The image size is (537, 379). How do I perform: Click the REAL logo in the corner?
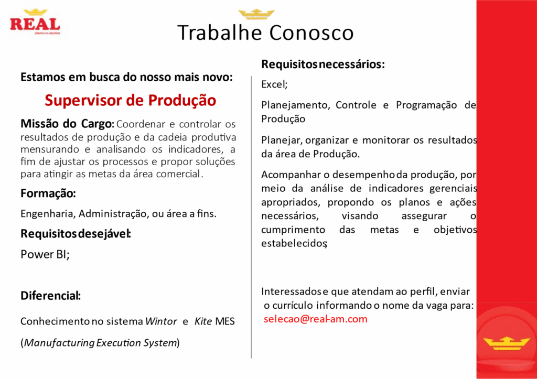tap(35, 21)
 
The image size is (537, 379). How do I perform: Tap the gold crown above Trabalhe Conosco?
tap(256, 14)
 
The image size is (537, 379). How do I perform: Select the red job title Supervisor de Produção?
tap(130, 100)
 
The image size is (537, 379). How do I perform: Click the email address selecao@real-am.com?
tap(315, 319)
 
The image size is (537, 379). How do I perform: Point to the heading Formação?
tap(48, 193)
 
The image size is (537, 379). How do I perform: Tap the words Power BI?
tap(45, 254)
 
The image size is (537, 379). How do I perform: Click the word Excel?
tap(274, 84)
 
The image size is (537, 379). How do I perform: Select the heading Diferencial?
tap(51, 296)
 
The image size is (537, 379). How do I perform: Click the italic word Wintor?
tap(161, 321)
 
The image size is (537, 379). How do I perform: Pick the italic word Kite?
tap(203, 321)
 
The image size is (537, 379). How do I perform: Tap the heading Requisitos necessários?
tap(323, 64)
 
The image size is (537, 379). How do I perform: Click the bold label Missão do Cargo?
tap(68, 124)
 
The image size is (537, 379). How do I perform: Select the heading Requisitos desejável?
tap(76, 234)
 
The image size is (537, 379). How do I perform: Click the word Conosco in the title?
tap(312, 33)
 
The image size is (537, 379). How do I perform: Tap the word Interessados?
tap(292, 291)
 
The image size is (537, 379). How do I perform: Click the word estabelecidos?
tap(294, 243)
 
